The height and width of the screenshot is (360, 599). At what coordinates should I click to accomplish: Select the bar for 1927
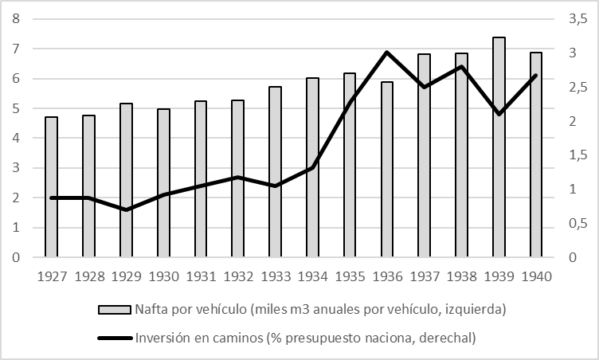pos(52,187)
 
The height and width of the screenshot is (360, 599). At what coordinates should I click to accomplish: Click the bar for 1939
pos(499,147)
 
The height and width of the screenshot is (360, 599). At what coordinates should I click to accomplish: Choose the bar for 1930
pos(163,183)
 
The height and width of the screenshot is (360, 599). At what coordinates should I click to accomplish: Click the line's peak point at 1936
pos(387,53)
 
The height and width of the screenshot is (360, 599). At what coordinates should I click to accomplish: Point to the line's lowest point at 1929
pos(127,209)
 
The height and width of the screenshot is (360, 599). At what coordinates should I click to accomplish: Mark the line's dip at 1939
pos(499,114)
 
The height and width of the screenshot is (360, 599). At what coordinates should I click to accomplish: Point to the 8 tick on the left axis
pos(16,19)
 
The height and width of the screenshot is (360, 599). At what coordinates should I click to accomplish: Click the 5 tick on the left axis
pos(16,108)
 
